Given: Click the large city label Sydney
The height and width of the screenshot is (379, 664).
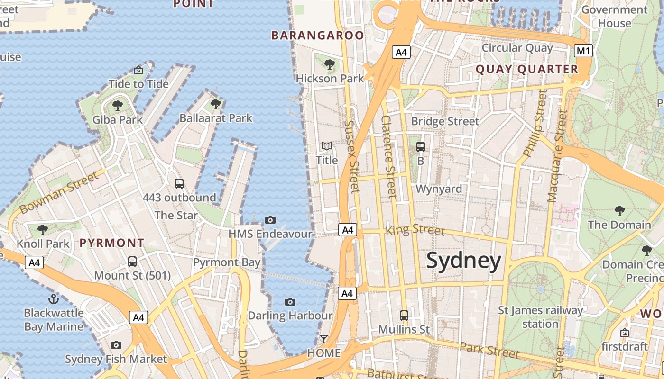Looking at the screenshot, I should pyautogui.click(x=463, y=261).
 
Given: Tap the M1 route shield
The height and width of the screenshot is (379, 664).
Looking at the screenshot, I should pyautogui.click(x=583, y=51).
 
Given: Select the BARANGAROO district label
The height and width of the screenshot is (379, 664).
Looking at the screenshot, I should pyautogui.click(x=317, y=36).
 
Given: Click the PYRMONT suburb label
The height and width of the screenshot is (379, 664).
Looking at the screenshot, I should pyautogui.click(x=111, y=243).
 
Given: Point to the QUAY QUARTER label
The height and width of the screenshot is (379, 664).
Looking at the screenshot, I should pyautogui.click(x=526, y=70).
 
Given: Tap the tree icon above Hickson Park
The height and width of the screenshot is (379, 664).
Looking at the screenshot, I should pyautogui.click(x=329, y=64).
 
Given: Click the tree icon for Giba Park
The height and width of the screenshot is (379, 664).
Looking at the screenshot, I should pyautogui.click(x=117, y=105).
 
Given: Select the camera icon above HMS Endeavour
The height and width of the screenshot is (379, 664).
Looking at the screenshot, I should pyautogui.click(x=270, y=220).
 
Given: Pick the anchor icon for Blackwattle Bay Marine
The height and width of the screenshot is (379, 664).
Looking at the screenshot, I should pyautogui.click(x=54, y=298).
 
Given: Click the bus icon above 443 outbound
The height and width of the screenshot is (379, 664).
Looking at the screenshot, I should pyautogui.click(x=179, y=184).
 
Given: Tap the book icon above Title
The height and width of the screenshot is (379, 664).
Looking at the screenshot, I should pyautogui.click(x=327, y=146).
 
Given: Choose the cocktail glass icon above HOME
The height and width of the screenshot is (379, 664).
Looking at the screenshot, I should pyautogui.click(x=324, y=339).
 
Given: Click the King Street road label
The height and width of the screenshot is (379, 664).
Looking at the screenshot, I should pyautogui.click(x=415, y=230).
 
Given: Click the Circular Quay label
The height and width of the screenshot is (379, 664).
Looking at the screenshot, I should pyautogui.click(x=517, y=48).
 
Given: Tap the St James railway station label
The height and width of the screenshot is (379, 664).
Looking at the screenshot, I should pyautogui.click(x=540, y=317).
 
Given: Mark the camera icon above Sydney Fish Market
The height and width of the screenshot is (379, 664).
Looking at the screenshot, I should pyautogui.click(x=116, y=345).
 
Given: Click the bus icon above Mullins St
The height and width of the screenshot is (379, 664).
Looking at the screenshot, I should pyautogui.click(x=404, y=315).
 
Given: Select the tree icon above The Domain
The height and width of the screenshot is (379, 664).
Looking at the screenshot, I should pyautogui.click(x=619, y=210).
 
